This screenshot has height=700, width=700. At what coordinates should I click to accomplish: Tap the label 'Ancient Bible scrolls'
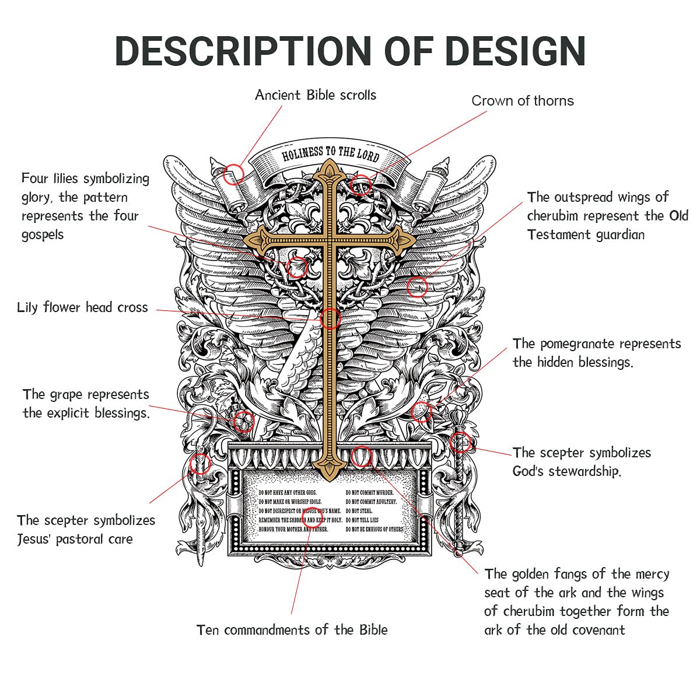pyautogui.click(x=316, y=95)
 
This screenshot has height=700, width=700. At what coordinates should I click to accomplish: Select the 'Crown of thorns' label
pyautogui.click(x=522, y=101)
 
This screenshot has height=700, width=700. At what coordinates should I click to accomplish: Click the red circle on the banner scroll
pyautogui.click(x=235, y=173)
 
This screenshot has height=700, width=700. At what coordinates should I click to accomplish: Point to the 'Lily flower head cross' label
pyautogui.click(x=82, y=307)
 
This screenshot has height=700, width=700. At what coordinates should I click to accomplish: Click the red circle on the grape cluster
pyautogui.click(x=243, y=420)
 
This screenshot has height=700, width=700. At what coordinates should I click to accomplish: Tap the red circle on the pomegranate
pyautogui.click(x=421, y=411)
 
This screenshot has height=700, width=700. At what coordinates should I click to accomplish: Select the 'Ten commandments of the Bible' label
pyautogui.click(x=292, y=630)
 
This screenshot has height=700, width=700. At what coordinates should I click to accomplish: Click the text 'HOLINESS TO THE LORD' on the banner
pyautogui.click(x=330, y=154)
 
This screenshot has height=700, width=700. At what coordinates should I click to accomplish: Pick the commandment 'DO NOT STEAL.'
pyautogui.click(x=359, y=511)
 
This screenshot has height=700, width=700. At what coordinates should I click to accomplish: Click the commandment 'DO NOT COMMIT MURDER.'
pyautogui.click(x=370, y=493)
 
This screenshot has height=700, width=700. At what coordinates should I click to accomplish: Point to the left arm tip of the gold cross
pyautogui.click(x=250, y=239)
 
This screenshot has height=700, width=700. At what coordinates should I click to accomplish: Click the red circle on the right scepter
pyautogui.click(x=460, y=442)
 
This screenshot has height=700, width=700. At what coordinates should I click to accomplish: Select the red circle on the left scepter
pyautogui.click(x=200, y=464)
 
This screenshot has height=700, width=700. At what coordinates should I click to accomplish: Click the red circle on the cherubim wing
pyautogui.click(x=417, y=286)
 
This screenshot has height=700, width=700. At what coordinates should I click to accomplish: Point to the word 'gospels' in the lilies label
pyautogui.click(x=43, y=235)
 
